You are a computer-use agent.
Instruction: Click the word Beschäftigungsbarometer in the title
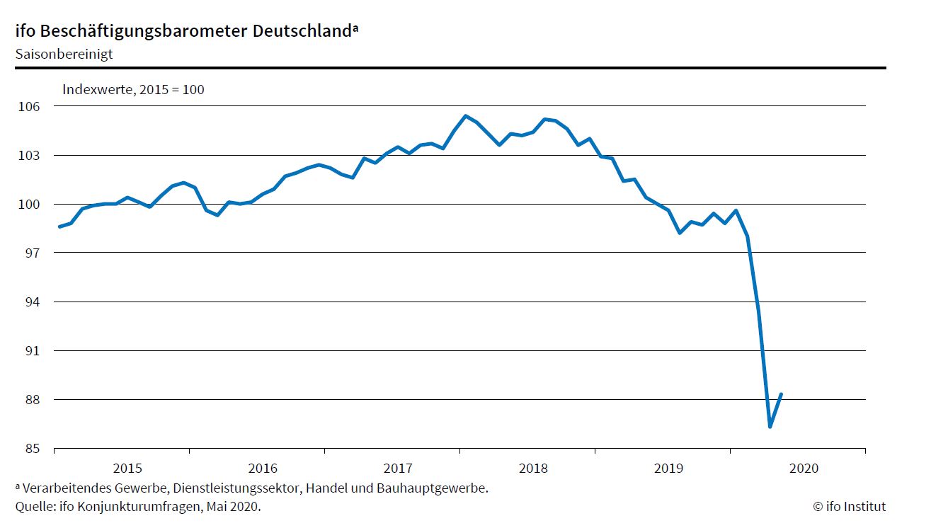pyautogui.click(x=159, y=31)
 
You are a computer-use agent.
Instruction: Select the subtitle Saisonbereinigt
pyautogui.click(x=64, y=54)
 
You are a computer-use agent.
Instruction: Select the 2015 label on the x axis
pyautogui.click(x=127, y=468)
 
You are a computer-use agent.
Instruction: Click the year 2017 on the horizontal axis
pyautogui.click(x=398, y=468)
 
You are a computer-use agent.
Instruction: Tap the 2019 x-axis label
pyautogui.click(x=668, y=468)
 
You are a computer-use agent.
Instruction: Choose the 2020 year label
pyautogui.click(x=804, y=468)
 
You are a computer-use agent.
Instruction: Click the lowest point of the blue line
pyautogui.click(x=770, y=427)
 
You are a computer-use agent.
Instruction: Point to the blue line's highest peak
pyautogui.click(x=465, y=115)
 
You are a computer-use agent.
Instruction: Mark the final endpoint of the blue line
pyautogui.click(x=781, y=394)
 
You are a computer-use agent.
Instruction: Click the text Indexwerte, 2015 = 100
pyautogui.click(x=133, y=89)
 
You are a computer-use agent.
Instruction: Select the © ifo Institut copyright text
pyautogui.click(x=849, y=506)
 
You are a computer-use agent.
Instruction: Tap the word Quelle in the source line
pyautogui.click(x=33, y=506)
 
